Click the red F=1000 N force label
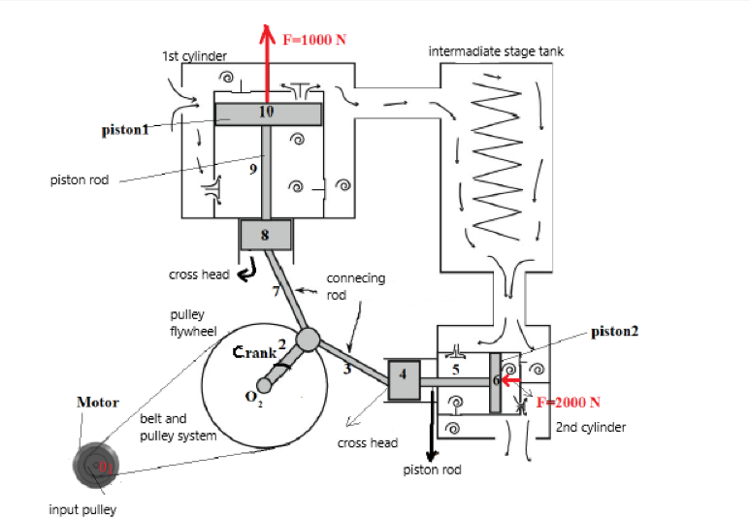coord(314,40)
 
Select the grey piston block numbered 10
coord(268,114)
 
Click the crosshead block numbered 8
coord(265,234)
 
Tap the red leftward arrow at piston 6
coord(511,380)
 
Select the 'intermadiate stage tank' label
coord(496,50)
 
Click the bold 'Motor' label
coord(97,402)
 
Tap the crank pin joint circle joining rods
coord(309,339)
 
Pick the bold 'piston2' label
coord(615,331)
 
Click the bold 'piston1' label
coord(126,130)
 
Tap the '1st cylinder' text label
coord(194,56)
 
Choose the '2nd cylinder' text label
coord(591,427)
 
